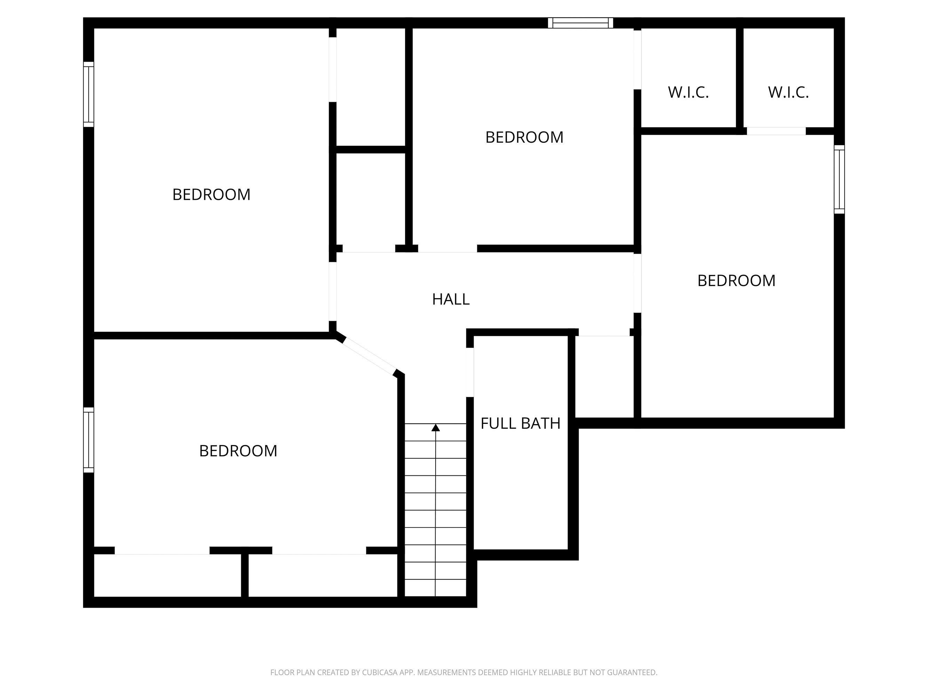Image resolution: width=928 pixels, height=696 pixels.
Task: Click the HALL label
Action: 451,299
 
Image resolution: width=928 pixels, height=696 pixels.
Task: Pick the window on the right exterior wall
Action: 839,179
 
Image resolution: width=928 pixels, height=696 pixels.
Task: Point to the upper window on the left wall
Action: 88,94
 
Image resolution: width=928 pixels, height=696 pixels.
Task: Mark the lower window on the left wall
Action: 88,440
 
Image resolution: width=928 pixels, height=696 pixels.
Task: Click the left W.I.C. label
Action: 688,92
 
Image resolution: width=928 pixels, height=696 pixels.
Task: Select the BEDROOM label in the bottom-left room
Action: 238,451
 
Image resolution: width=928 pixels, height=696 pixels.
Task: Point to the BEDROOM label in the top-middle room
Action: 524,137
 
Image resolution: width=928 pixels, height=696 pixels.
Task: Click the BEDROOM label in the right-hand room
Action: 736,281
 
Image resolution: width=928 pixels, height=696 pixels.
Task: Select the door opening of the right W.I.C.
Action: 776,131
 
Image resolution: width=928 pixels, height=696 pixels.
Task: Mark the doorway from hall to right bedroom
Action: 637,283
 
